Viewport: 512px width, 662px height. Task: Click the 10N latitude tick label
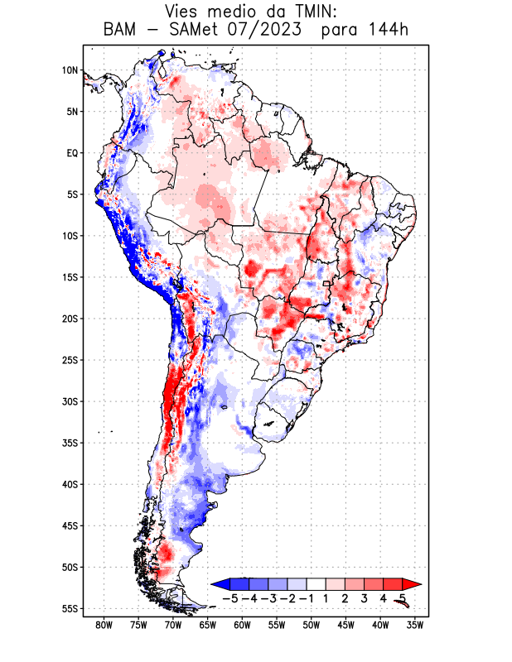70,70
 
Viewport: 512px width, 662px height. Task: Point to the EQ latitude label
72,153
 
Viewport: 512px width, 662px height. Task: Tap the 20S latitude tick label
70,319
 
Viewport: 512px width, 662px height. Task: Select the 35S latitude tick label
70,443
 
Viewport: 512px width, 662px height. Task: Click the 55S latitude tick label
70,608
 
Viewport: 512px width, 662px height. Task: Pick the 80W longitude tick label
104,626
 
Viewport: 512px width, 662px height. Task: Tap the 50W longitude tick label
311,626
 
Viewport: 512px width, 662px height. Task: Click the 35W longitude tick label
415,626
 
